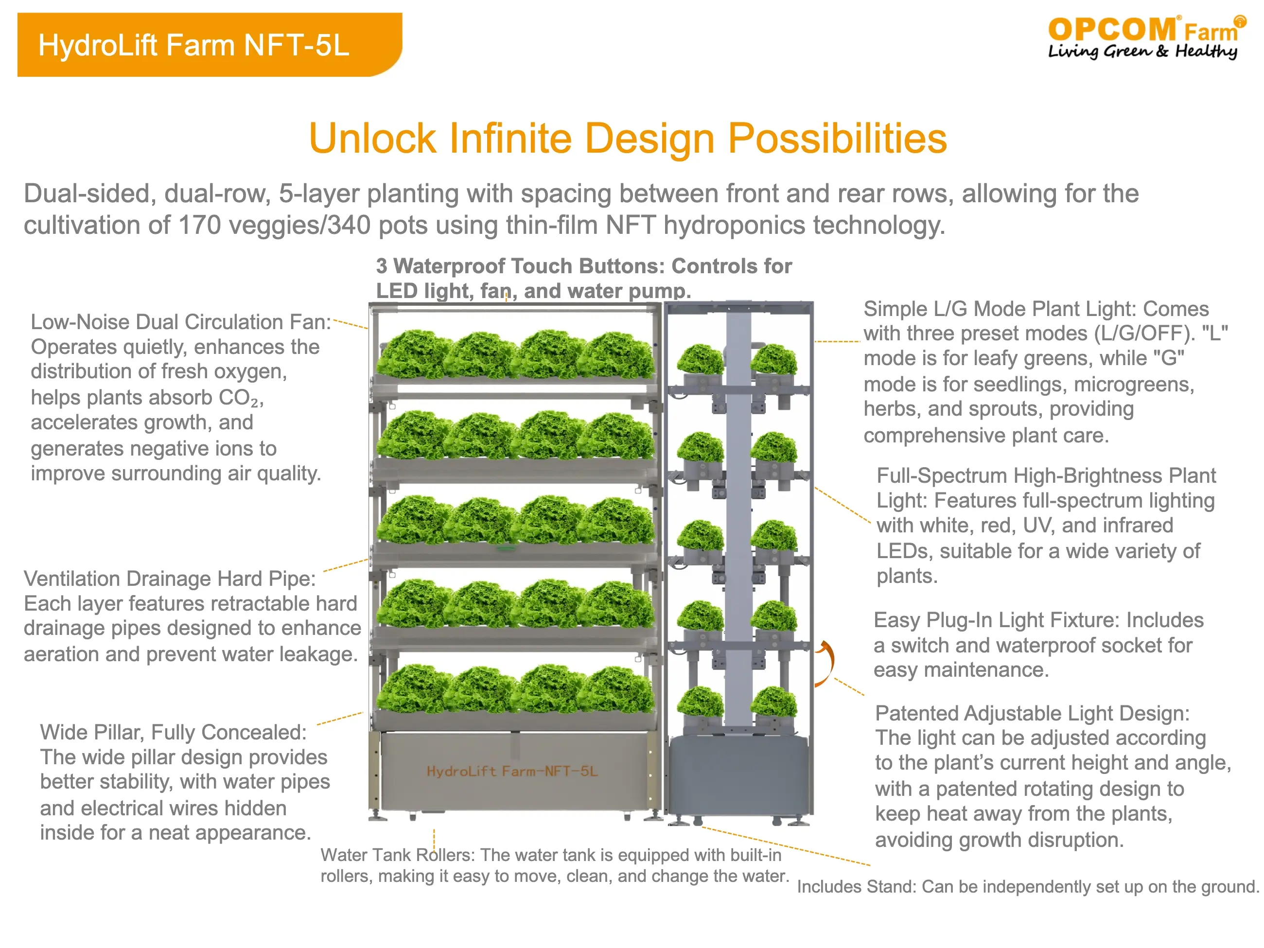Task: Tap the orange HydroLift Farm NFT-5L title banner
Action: tap(210, 45)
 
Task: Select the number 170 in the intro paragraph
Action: tap(199, 225)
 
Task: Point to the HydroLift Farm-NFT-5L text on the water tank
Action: tap(512, 772)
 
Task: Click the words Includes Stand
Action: tap(854, 887)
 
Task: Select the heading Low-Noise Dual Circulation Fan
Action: tap(179, 322)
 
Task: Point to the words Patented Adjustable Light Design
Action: tap(1032, 713)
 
